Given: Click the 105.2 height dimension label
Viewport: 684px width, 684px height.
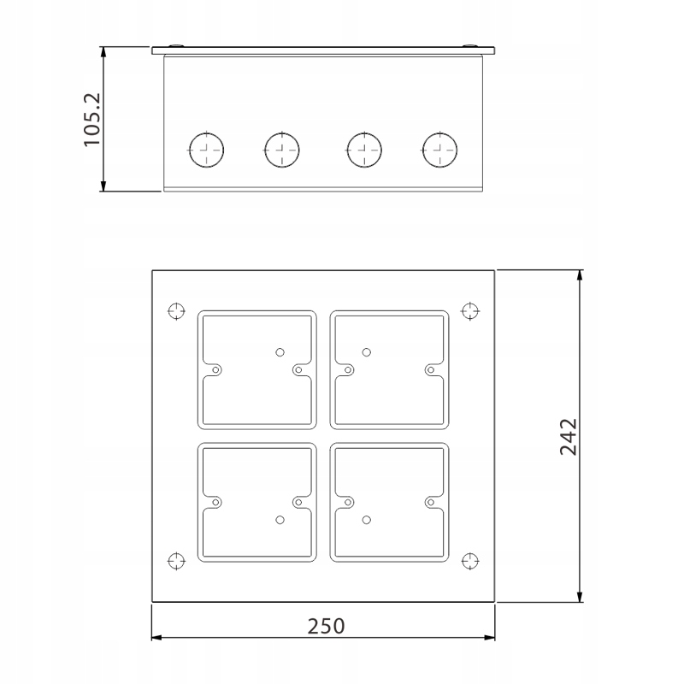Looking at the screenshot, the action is [x=92, y=120].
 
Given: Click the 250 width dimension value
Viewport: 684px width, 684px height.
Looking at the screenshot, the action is [x=326, y=627].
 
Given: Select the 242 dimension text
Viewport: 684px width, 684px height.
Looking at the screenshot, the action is [x=569, y=437].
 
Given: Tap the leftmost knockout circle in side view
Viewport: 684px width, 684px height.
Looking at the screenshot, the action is [x=206, y=150].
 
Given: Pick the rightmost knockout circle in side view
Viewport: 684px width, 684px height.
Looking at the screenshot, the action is [x=439, y=150].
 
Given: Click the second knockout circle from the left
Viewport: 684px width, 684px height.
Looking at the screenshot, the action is [x=282, y=150].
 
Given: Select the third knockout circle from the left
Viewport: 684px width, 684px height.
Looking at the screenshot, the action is [x=364, y=150].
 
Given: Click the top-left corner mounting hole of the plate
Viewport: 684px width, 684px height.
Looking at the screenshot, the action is [x=176, y=311].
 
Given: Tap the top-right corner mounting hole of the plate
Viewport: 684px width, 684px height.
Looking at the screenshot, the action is [x=470, y=311].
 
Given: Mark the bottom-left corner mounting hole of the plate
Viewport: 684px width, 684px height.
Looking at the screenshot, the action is [x=176, y=561].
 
